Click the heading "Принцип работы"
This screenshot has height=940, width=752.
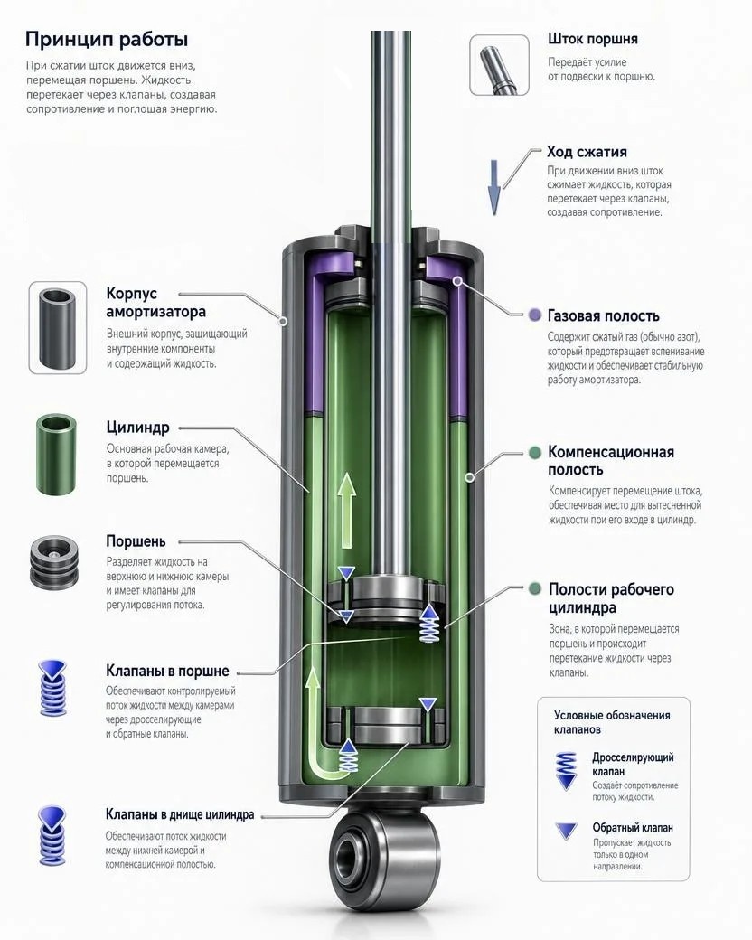(106, 40)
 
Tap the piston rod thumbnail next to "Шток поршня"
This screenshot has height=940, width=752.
(499, 65)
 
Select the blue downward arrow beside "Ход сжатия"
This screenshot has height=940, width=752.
(494, 187)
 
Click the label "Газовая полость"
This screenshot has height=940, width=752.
(603, 316)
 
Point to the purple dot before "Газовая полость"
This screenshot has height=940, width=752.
(534, 315)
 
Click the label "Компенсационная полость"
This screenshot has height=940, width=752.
(610, 460)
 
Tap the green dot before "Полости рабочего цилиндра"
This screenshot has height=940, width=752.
(535, 588)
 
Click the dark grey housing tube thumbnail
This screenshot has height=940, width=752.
(58, 327)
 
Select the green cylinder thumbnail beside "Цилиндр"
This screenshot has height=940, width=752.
(57, 454)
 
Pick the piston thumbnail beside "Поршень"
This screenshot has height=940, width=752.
(54, 562)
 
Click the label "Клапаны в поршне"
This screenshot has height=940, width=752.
(167, 671)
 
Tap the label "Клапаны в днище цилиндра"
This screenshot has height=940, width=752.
(180, 814)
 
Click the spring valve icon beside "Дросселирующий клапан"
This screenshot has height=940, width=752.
(567, 770)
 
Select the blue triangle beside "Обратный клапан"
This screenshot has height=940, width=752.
(567, 831)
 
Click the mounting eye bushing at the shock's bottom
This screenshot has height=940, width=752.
(384, 851)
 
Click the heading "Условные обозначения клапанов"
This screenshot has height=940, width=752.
(612, 722)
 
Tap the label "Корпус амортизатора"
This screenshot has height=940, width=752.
(156, 302)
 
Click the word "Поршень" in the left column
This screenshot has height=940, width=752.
(136, 541)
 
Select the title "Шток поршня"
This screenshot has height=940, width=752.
(593, 40)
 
